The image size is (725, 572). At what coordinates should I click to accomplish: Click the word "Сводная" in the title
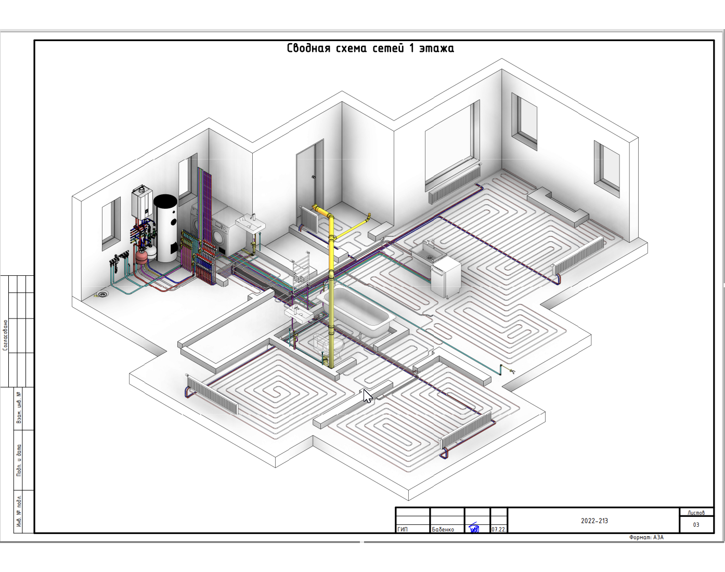(308, 48)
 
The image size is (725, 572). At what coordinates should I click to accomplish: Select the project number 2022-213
(594, 521)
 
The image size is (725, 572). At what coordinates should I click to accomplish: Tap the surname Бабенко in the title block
(443, 529)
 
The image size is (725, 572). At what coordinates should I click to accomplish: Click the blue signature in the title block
(474, 528)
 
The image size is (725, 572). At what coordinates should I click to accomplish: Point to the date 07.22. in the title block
(498, 529)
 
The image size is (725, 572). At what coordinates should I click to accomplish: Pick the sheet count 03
(696, 525)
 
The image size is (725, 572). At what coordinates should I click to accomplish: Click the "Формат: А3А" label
(646, 537)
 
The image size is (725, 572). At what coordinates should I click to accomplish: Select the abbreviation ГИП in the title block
(403, 529)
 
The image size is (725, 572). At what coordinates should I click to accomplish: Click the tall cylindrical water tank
(166, 228)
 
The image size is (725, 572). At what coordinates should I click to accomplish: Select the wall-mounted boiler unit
(142, 203)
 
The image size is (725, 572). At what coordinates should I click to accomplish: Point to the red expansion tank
(141, 258)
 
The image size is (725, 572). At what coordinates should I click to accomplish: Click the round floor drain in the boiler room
(102, 295)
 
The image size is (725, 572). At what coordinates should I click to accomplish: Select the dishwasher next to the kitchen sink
(446, 277)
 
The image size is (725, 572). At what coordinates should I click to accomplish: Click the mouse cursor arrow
(367, 396)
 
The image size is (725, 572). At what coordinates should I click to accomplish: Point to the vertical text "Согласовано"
(6, 335)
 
